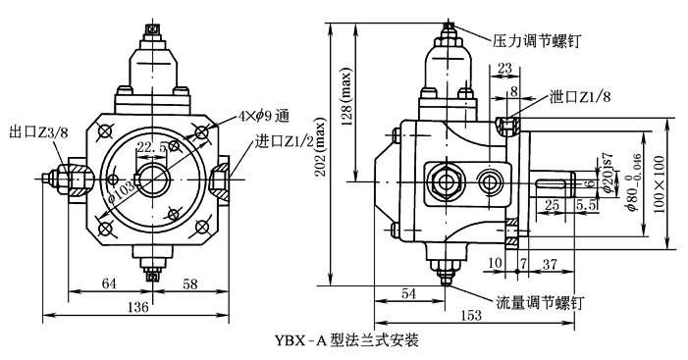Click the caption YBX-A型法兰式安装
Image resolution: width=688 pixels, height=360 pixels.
click(x=346, y=339)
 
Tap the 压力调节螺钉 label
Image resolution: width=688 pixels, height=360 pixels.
click(x=536, y=41)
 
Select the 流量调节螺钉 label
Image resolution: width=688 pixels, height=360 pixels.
click(x=540, y=302)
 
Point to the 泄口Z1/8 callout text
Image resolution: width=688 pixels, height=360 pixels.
click(x=580, y=97)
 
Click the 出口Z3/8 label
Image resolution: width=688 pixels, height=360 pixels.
click(x=38, y=132)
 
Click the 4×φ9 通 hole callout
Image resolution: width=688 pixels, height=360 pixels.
click(x=264, y=116)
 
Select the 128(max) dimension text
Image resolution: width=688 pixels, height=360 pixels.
click(x=346, y=96)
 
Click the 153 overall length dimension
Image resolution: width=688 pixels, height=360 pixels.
click(x=471, y=315)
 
